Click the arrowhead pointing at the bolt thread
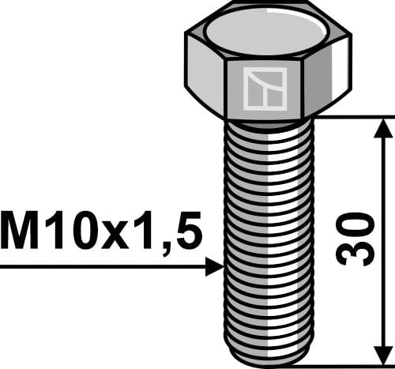point(215,267)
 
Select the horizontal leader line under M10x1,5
point(103,267)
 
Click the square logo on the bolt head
point(265,88)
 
